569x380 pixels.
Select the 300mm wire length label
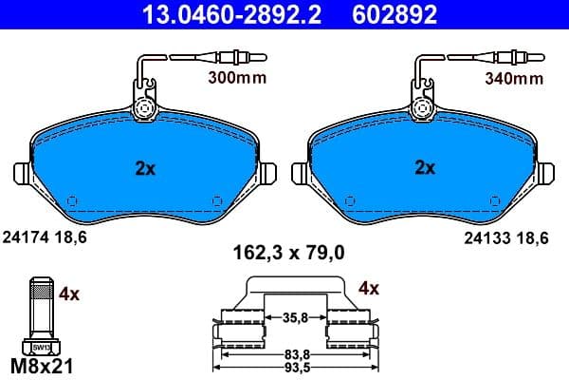tap(238, 79)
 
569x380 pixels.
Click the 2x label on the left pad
tap(143, 168)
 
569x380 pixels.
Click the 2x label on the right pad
tap(426, 168)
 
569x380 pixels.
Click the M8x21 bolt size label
tap(40, 365)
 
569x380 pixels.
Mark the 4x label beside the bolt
tap(69, 294)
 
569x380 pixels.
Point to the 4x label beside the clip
tap(369, 287)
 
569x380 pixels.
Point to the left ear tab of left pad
tap(24, 175)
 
